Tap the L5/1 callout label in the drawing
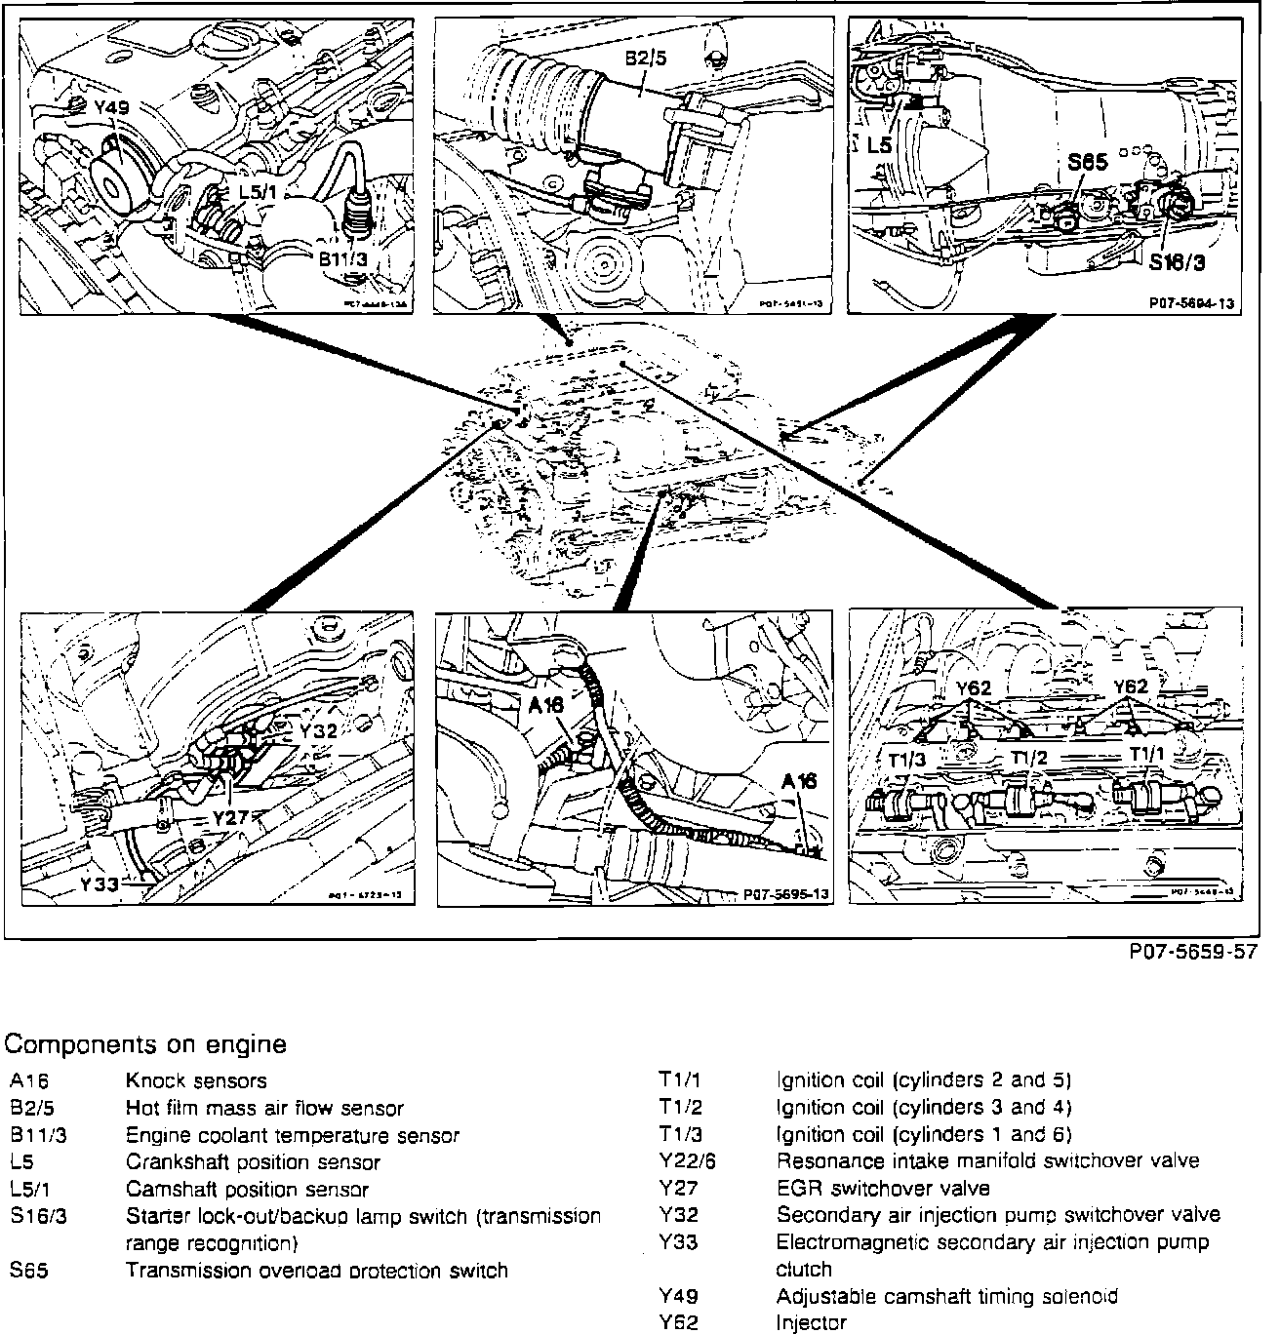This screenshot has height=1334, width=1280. point(258,191)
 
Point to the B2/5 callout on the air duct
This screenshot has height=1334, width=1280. point(647,59)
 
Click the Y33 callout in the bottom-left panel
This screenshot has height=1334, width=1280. point(100,884)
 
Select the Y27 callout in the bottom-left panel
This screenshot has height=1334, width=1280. point(230,816)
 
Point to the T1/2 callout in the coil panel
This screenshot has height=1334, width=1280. point(1028,758)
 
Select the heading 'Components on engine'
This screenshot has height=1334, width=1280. point(145,1044)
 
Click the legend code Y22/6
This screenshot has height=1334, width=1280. point(687,1161)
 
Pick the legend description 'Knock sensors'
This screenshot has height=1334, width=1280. point(195,1080)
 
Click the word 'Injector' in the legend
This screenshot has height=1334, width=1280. point(811,1323)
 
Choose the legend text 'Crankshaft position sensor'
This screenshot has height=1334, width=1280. point(253,1162)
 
